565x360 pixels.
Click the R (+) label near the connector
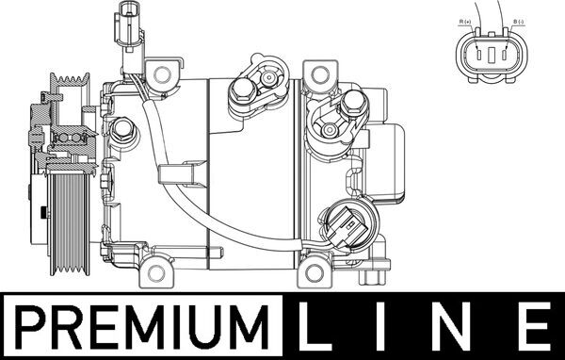(x=465, y=22)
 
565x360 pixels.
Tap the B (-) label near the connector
(x=519, y=22)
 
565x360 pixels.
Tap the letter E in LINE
(x=534, y=327)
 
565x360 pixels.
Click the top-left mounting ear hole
(x=162, y=74)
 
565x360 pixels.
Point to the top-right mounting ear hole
(x=320, y=75)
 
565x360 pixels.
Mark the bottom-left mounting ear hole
(x=156, y=273)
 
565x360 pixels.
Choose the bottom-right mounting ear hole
(x=315, y=273)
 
